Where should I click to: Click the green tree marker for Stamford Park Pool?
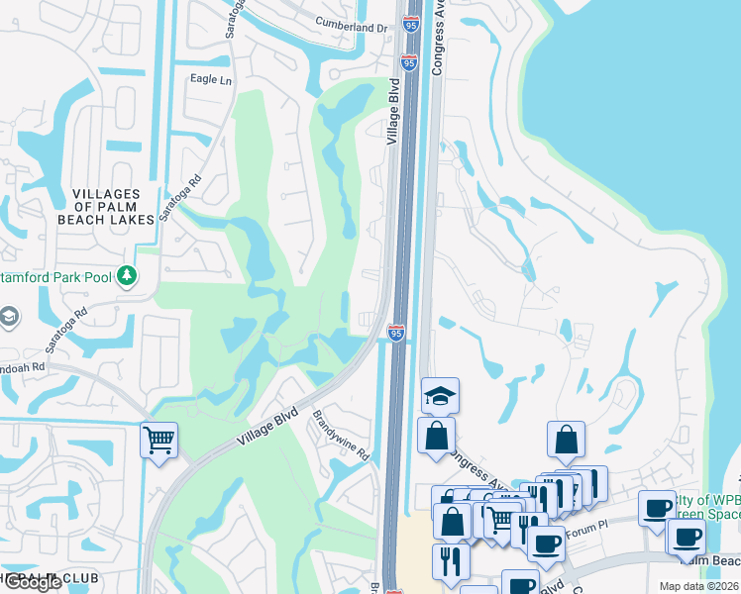(126, 275)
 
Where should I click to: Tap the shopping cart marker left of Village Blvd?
(159, 439)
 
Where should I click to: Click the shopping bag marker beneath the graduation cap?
(436, 435)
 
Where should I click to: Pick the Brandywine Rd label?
(343, 437)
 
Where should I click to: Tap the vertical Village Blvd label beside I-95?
(393, 117)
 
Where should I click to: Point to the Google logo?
(32, 582)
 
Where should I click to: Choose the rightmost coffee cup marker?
(686, 537)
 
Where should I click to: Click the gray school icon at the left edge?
(8, 317)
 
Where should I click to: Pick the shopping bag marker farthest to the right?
(565, 440)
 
